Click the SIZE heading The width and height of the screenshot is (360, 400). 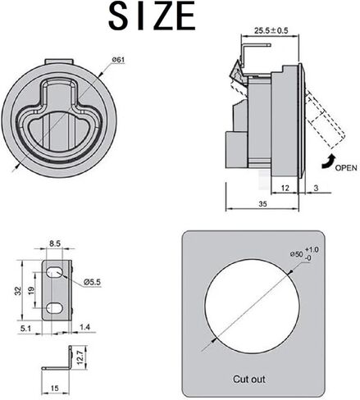[x=152, y=16]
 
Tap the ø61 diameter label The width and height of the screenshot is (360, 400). [x=119, y=60]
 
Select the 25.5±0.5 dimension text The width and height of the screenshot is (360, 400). [x=271, y=30]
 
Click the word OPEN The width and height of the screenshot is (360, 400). [x=346, y=168]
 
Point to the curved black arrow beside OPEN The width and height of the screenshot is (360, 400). [x=328, y=161]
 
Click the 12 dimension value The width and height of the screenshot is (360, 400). [x=285, y=188]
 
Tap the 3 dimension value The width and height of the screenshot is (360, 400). [x=316, y=188]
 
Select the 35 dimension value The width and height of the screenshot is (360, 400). [x=262, y=204]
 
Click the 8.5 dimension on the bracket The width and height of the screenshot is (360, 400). [x=55, y=243]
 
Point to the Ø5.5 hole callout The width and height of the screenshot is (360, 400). [x=93, y=282]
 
